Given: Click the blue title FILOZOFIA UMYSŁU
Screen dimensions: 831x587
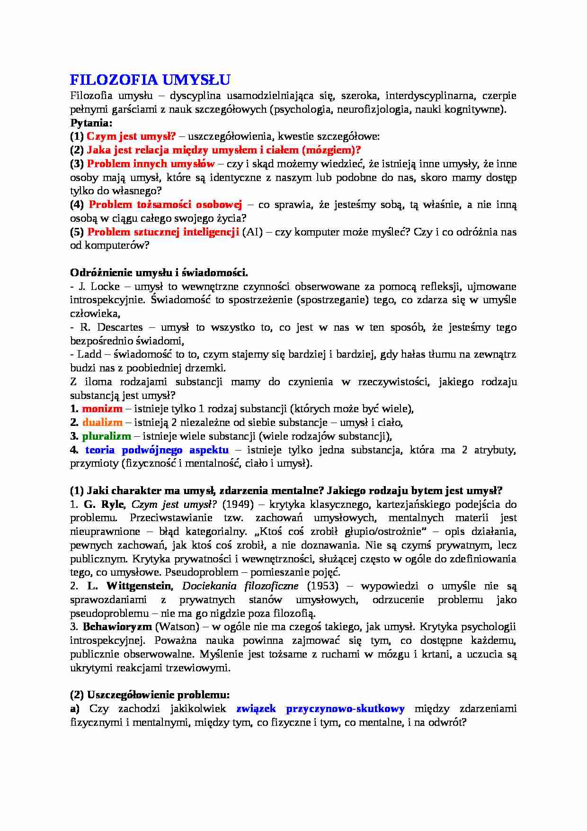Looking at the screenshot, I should point(150,79).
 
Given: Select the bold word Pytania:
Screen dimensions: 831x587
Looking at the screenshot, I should point(91,123).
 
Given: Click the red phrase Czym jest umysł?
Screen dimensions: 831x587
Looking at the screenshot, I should point(131,136).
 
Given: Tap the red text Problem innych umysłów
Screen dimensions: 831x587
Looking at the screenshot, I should point(151,164).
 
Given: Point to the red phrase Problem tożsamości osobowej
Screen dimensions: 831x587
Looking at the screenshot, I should point(165,205).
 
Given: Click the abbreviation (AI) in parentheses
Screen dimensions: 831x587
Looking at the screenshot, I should point(252,232).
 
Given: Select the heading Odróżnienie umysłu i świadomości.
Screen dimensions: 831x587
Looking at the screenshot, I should point(159,273).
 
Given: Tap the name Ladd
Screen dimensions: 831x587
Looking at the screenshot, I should point(89,354).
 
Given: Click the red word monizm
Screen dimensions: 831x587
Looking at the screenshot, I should point(102,409).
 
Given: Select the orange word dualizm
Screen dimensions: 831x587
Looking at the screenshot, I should point(102,423).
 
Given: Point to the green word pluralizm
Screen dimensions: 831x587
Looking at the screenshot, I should point(107,436).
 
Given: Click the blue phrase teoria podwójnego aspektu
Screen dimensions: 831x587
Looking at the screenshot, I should point(157,450).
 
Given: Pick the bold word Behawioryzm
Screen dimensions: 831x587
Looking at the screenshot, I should point(117,627).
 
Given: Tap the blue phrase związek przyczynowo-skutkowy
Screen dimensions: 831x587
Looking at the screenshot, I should point(320,709).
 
